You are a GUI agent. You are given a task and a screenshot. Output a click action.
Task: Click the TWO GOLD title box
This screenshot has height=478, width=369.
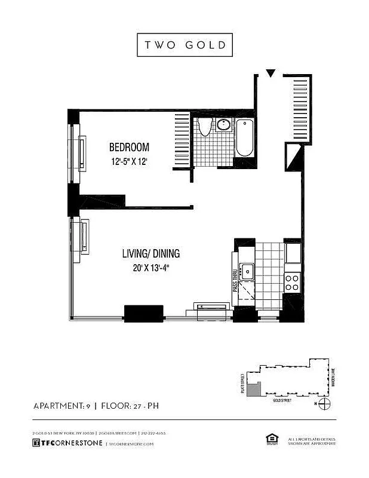[184, 45]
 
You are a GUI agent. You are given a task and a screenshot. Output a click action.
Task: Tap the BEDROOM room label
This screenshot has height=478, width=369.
[128, 148]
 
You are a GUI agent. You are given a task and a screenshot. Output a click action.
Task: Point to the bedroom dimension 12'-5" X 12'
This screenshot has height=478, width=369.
[128, 161]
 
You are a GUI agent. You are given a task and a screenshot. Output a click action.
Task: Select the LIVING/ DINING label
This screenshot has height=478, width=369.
[151, 254]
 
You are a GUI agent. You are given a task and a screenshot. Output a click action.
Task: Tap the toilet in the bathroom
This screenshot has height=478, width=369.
[205, 127]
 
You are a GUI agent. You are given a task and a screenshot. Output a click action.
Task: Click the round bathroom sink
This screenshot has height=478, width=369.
[223, 125]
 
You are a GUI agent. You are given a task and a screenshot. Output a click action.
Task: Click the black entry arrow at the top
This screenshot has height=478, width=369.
[270, 73]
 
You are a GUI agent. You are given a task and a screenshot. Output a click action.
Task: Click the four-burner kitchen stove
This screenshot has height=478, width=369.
[292, 282]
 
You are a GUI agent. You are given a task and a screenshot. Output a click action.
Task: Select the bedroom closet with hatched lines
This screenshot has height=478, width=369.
[182, 140]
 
